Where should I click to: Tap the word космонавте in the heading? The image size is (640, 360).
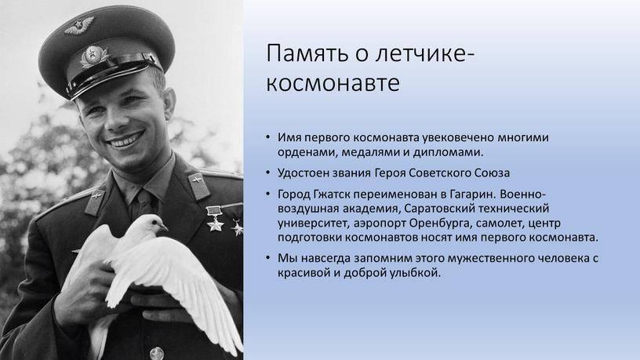tap(333, 83)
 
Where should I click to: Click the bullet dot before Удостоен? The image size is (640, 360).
tap(267, 173)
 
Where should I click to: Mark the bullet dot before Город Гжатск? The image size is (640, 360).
tap(267, 194)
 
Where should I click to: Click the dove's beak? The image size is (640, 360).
tap(164, 227)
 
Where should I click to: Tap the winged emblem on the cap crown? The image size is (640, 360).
tap(78, 26)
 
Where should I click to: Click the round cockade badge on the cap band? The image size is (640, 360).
tap(93, 56)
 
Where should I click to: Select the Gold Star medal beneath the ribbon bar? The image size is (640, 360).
tap(214, 224)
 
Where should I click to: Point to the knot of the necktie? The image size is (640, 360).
tap(144, 198)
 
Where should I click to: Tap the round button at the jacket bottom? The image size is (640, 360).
tap(156, 354)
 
